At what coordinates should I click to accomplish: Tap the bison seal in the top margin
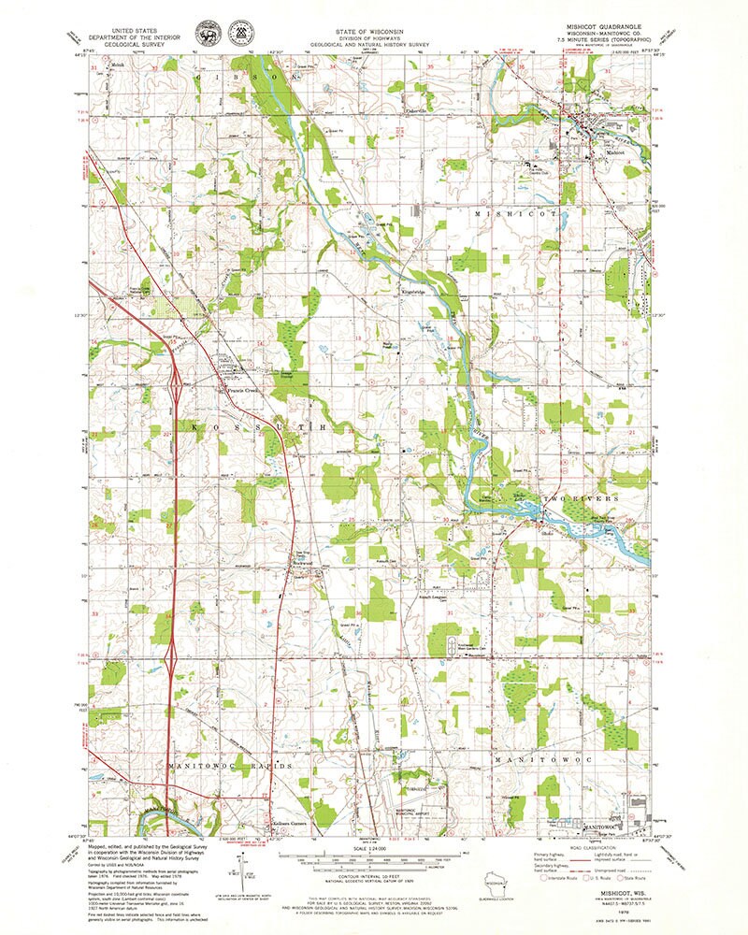point(203,34)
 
